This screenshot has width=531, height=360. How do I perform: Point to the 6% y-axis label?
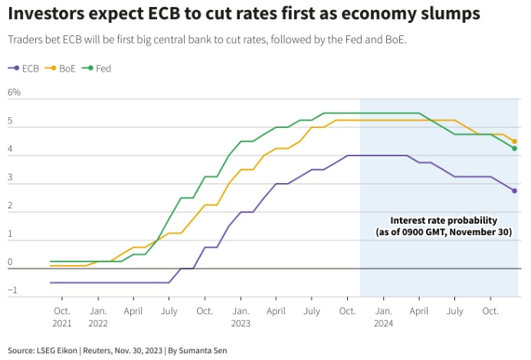click(x=15, y=93)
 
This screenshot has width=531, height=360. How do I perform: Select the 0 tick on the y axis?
click(x=11, y=263)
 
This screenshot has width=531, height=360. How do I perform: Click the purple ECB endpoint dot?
click(x=515, y=191)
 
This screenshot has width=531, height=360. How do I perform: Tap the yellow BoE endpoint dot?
click(x=515, y=141)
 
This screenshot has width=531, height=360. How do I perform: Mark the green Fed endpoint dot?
click(x=515, y=149)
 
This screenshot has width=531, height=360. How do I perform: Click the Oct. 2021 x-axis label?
click(x=62, y=317)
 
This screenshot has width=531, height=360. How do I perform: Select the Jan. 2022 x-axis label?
click(x=98, y=317)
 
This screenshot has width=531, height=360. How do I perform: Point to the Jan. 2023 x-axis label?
click(x=241, y=317)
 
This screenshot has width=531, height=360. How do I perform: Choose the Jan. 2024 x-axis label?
click(x=383, y=317)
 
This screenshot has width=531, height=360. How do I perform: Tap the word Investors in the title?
click(x=48, y=14)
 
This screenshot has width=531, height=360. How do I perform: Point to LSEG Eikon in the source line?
click(x=55, y=350)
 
